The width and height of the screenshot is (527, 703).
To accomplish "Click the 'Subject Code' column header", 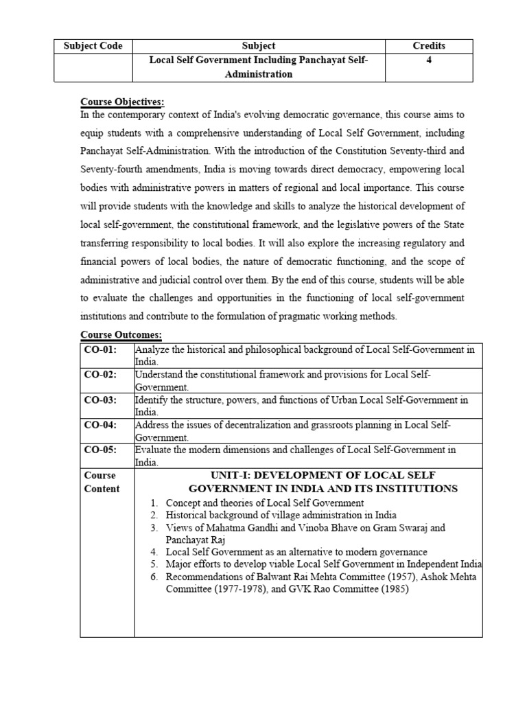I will click(93, 46).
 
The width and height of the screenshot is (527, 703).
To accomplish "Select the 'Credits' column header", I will click(429, 46).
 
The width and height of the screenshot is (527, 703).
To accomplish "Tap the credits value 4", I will click(429, 60).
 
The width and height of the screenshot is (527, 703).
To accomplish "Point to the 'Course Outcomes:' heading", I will click(121, 334).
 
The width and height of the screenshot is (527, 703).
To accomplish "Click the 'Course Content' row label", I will click(101, 482).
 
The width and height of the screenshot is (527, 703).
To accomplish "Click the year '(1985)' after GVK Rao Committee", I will click(390, 589).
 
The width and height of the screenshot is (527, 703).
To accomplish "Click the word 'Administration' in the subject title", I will click(258, 74).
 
